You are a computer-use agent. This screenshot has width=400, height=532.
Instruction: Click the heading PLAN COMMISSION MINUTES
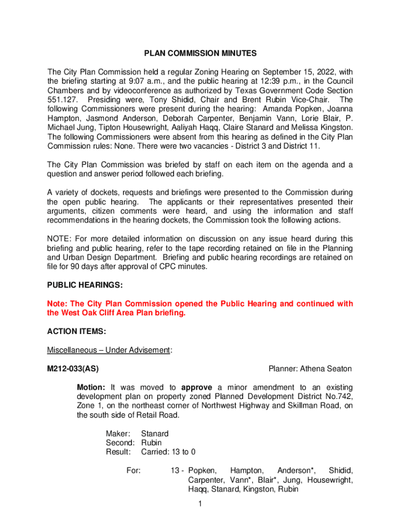200,53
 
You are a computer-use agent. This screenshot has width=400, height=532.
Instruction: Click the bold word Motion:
91,388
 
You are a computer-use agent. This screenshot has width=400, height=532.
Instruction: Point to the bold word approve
197,388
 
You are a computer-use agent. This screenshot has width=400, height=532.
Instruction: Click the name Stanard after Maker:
155,434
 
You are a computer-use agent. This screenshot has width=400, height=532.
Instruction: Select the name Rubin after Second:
151,443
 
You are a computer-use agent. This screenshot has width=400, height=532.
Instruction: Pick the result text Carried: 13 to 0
168,453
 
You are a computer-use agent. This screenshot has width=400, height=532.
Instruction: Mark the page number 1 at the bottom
200,503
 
